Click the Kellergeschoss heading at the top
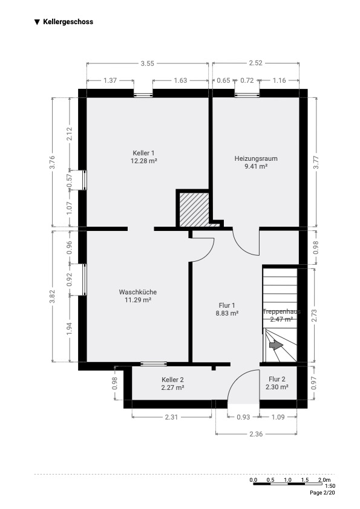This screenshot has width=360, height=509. point(68,22)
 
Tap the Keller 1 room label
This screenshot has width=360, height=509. point(143,153)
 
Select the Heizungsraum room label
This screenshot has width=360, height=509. point(256,158)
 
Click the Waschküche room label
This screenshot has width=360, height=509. point(138,292)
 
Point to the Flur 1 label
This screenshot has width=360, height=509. point(227,305)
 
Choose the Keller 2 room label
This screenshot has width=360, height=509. point(172,380)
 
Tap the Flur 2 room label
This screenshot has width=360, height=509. point(277,379)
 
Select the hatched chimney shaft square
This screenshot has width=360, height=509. point(194,209)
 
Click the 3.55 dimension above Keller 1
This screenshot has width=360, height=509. point(147,63)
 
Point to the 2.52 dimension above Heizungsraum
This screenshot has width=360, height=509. point(255,63)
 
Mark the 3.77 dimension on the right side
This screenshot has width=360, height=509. point(315,162)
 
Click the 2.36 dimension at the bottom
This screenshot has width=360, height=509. point(256,433)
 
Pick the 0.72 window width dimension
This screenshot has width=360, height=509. point(247,80)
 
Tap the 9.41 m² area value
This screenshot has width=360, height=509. point(256,166)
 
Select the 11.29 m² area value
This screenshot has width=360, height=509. point(138,300)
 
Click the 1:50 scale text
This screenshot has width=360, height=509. point(330,486)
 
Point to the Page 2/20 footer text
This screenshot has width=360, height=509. point(322,493)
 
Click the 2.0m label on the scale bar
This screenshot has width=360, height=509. point(324,480)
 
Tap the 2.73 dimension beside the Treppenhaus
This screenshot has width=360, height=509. point(314,315)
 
